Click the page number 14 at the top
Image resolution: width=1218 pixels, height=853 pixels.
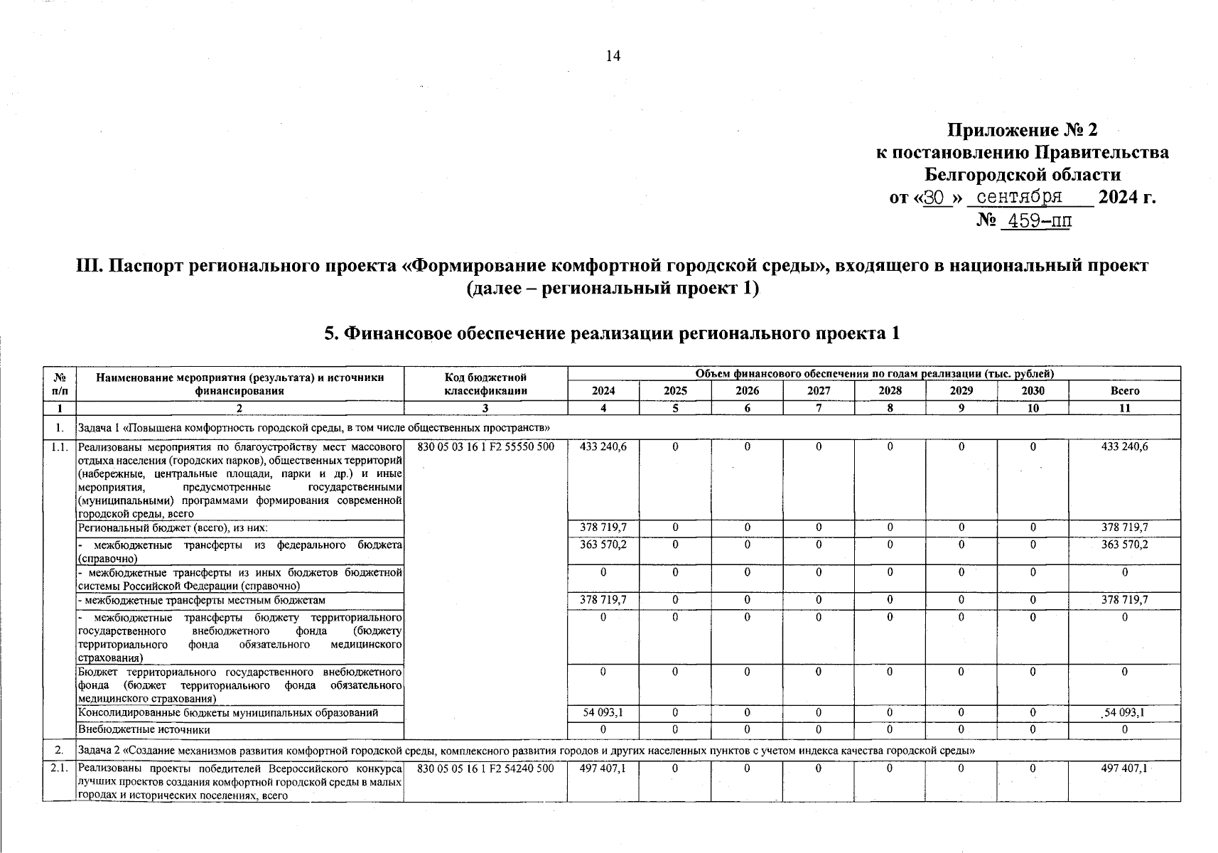pos(613,56)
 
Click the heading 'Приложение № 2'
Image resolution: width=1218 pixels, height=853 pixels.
pos(1023,130)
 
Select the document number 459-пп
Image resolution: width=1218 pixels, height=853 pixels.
pos(1035,221)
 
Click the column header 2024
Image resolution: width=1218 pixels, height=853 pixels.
pos(603,391)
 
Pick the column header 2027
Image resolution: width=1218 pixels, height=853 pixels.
pos(819,391)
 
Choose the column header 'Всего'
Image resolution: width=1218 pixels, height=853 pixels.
pos(1124,391)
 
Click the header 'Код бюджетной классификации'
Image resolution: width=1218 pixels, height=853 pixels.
pos(485,384)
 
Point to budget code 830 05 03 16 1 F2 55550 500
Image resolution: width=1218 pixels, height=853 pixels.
pos(486,447)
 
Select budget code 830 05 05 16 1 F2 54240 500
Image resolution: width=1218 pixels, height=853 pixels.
pos(486,768)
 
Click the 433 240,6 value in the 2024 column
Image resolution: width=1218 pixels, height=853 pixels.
pos(603,447)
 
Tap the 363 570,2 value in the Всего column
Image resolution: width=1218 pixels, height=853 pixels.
pos(1124,544)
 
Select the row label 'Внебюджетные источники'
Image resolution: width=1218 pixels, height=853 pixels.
pos(144,729)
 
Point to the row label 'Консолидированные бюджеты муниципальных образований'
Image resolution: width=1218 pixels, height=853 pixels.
pos(228,712)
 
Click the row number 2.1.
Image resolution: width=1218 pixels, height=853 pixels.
pos(59,768)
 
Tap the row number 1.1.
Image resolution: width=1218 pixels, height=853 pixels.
pos(59,447)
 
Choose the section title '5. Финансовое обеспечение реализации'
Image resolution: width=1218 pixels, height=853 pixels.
pos(612,333)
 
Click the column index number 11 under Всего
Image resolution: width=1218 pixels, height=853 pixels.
pos(1124,408)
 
